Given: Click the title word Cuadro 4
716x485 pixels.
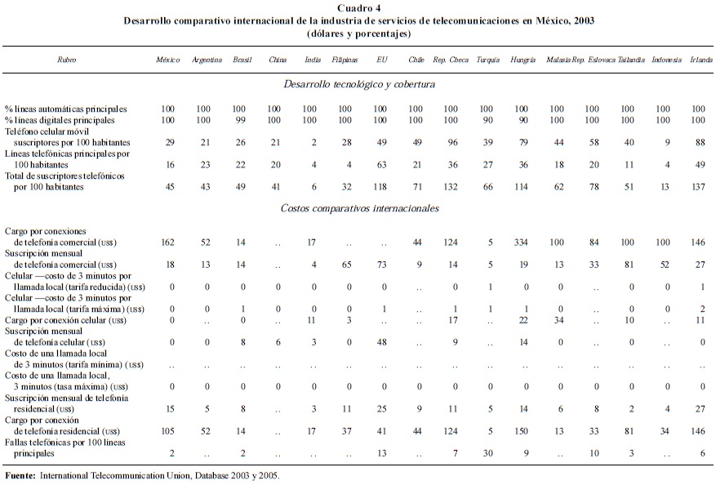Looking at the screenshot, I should tap(358, 8).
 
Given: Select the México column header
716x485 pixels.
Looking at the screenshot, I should tap(168, 60).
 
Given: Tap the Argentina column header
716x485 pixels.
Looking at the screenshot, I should tap(207, 60).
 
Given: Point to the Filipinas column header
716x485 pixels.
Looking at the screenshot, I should tap(345, 60).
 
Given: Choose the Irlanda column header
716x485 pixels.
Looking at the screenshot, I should tap(700, 60).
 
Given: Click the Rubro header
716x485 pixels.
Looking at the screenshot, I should tap(67, 60).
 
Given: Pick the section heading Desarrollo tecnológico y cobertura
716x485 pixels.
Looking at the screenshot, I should tap(358, 84).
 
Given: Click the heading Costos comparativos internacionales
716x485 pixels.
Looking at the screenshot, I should tap(358, 208).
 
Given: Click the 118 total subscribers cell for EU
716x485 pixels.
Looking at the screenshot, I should tap(380, 187).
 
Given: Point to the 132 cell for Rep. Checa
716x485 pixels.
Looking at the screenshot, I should tap(451, 187).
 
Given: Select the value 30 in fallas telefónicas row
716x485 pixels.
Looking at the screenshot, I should tap(487, 452).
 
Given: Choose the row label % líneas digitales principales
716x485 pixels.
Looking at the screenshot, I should tap(65, 119).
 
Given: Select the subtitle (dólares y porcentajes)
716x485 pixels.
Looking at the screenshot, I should tap(358, 34).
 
